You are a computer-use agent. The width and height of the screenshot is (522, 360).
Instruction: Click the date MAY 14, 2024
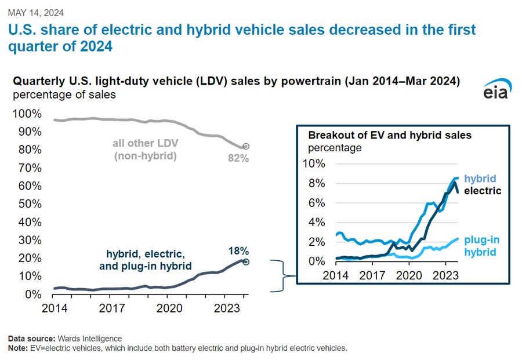tap(36, 12)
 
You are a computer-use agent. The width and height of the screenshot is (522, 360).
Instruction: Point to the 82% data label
tap(238, 158)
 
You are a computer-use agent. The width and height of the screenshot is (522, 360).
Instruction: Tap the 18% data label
tap(238, 251)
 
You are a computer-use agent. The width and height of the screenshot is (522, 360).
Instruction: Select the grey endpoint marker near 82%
tap(245, 147)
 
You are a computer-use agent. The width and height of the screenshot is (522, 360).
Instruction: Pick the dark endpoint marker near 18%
tap(245, 262)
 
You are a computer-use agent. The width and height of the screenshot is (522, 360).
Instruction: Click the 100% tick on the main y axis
tap(27, 113)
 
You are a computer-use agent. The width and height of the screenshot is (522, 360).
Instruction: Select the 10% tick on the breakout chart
tap(314, 164)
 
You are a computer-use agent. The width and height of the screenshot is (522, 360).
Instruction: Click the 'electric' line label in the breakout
tap(483, 190)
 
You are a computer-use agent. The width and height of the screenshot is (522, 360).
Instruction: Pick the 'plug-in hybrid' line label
tap(481, 246)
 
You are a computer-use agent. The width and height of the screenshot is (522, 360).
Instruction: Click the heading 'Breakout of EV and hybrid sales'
tap(390, 136)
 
